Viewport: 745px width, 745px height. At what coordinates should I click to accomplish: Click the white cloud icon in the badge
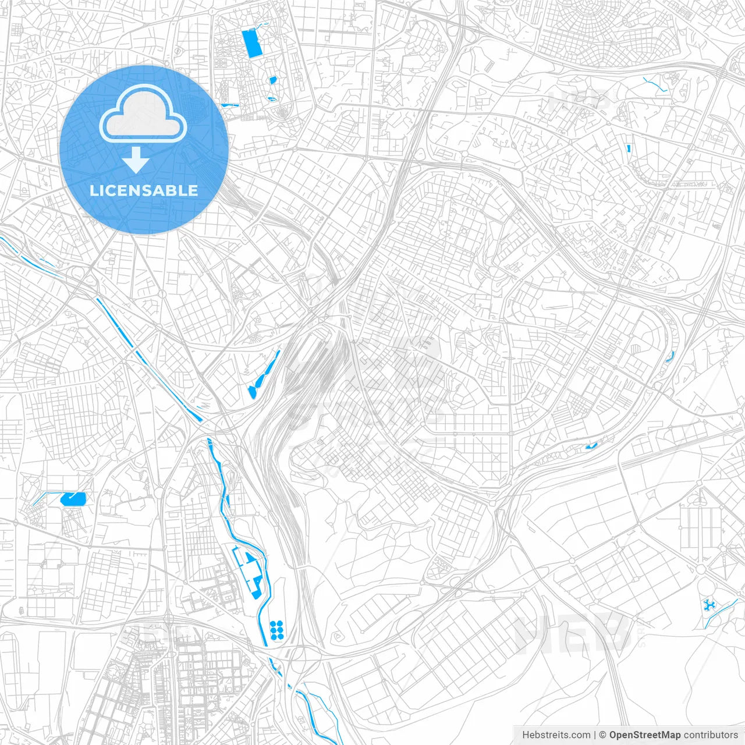click(x=143, y=115)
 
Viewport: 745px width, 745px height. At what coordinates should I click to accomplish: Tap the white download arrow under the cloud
click(x=136, y=160)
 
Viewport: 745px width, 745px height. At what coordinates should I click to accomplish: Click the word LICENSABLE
click(x=144, y=190)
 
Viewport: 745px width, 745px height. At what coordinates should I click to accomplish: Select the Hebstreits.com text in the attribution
click(x=556, y=735)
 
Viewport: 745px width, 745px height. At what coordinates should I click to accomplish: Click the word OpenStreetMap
click(x=644, y=735)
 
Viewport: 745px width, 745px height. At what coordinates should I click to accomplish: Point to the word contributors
click(x=711, y=735)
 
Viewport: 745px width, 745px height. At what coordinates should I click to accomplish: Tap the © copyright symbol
click(x=602, y=735)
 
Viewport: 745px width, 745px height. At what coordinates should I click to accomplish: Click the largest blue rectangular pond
click(x=253, y=44)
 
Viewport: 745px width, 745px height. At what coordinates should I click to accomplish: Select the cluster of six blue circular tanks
click(x=276, y=630)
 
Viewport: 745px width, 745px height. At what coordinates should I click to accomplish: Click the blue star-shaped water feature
click(x=709, y=605)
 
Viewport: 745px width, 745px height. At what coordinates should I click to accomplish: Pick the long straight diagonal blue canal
click(x=148, y=360)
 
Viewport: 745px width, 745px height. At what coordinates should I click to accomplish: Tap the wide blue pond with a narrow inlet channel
click(x=73, y=498)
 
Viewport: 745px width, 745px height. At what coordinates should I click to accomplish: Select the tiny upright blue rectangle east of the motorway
click(x=629, y=147)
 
